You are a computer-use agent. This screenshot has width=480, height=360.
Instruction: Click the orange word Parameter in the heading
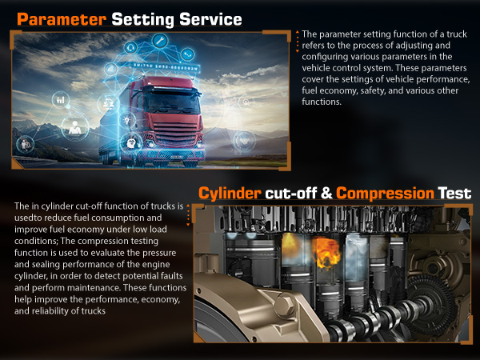click(x=62, y=19)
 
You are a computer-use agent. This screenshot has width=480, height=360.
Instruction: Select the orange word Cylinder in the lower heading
click(x=230, y=193)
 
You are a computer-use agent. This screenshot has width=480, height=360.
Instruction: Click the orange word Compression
click(x=385, y=193)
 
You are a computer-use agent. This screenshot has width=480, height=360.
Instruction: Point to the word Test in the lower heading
click(x=454, y=193)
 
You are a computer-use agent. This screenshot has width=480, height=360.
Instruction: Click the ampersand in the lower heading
click(x=326, y=193)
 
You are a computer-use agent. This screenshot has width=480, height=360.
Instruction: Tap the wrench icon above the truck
click(x=160, y=41)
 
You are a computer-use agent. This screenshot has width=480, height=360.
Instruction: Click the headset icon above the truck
click(x=131, y=48)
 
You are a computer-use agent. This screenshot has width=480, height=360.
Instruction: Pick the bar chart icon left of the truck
click(x=61, y=99)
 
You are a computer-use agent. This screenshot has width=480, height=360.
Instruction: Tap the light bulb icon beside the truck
click(x=127, y=120)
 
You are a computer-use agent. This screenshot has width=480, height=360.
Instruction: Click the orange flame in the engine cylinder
click(x=326, y=253)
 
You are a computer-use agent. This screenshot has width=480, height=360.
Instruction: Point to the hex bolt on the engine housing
click(x=284, y=305)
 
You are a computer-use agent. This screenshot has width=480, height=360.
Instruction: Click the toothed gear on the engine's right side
click(x=432, y=304)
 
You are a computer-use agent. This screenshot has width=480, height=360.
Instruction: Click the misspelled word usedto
click(x=29, y=218)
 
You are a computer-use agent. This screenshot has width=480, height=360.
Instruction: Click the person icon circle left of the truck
click(x=74, y=127)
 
